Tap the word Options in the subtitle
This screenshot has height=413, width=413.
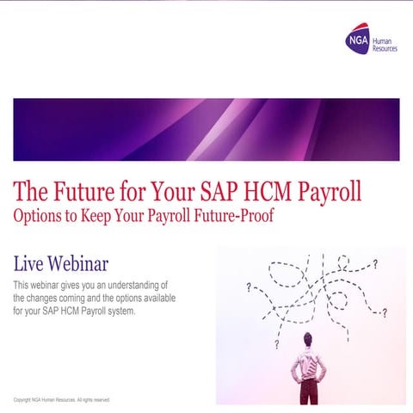[x=40, y=215]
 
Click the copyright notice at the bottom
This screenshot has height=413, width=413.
[x=62, y=400]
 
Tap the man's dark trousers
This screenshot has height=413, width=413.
[x=308, y=392]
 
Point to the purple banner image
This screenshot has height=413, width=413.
[x=206, y=129]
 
